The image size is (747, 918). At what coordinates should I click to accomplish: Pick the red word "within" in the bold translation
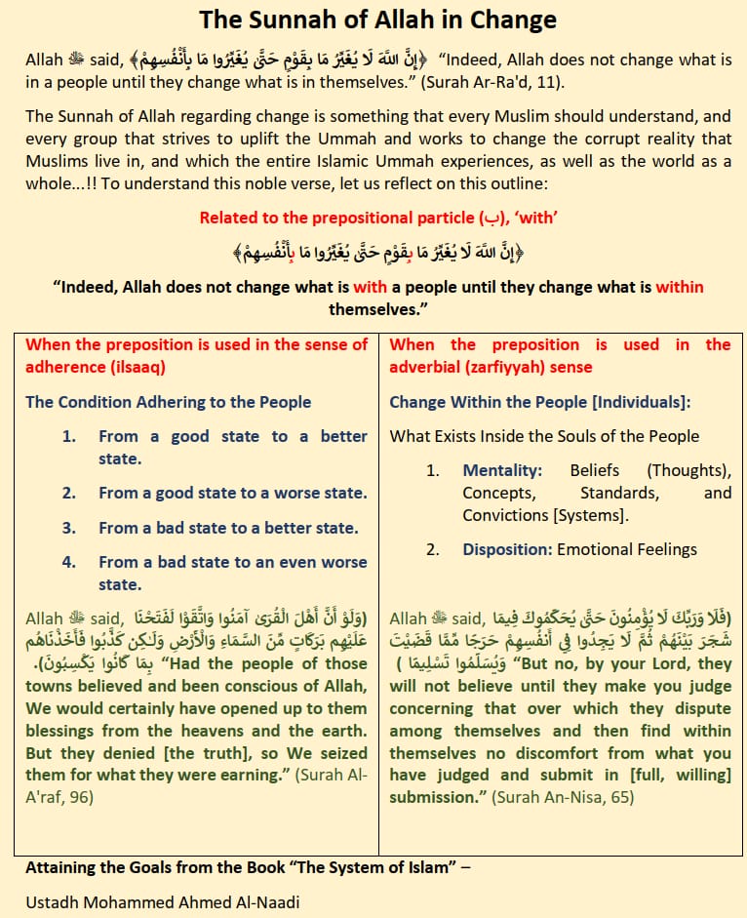pos(680,287)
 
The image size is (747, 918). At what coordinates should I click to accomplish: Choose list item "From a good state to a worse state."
pos(232,493)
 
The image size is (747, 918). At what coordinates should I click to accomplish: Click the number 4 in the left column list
pos(69,562)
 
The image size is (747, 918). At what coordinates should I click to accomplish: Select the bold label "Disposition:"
pos(507,549)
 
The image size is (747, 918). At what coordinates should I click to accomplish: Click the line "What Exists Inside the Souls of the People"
pos(544,436)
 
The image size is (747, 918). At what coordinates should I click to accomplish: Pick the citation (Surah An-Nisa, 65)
pos(563,797)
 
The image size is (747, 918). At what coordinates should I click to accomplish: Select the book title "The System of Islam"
pos(363,866)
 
